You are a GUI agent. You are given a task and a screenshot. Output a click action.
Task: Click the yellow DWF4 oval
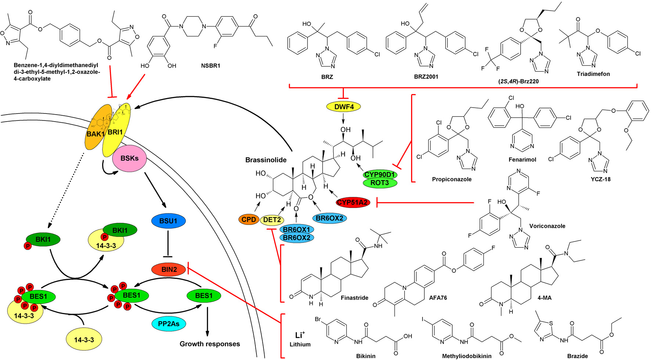[x=343, y=107]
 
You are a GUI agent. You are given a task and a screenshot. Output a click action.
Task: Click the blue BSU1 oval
[x=168, y=221]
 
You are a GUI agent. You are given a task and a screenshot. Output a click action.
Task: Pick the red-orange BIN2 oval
[x=169, y=269]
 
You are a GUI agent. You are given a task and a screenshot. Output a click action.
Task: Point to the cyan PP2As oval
[x=169, y=324]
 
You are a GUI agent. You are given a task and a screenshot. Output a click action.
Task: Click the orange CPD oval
[x=249, y=220]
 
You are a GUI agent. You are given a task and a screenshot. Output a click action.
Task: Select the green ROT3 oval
[x=380, y=183]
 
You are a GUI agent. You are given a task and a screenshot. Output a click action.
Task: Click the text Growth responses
[x=209, y=344]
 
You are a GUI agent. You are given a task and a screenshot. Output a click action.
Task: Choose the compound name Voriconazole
[x=547, y=226]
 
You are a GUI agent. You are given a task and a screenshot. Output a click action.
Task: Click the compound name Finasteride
[x=354, y=298]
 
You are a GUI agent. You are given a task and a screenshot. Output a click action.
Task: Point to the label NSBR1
[x=211, y=66]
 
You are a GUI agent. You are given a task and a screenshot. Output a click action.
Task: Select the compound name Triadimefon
[x=593, y=74]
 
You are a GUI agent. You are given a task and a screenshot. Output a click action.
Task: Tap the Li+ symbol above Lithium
[x=300, y=335]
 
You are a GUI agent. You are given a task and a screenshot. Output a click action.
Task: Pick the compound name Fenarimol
[x=522, y=159]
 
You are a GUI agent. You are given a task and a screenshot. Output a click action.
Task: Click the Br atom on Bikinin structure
[x=318, y=319]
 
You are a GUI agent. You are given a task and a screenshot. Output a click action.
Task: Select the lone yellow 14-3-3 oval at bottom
[x=84, y=340]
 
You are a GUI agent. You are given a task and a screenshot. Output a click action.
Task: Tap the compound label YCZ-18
[x=600, y=179]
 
